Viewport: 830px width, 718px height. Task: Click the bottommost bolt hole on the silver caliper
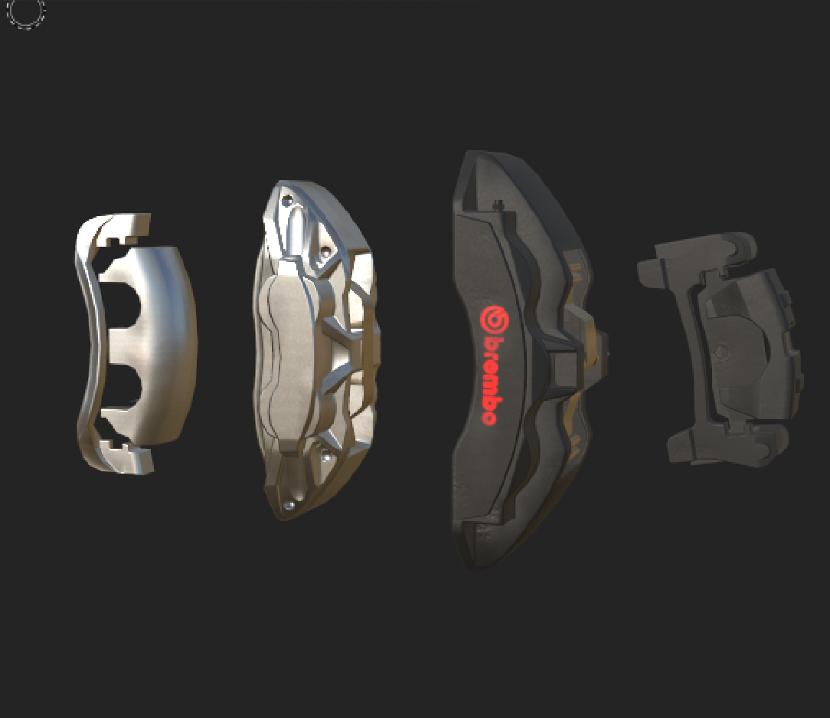[289, 505]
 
